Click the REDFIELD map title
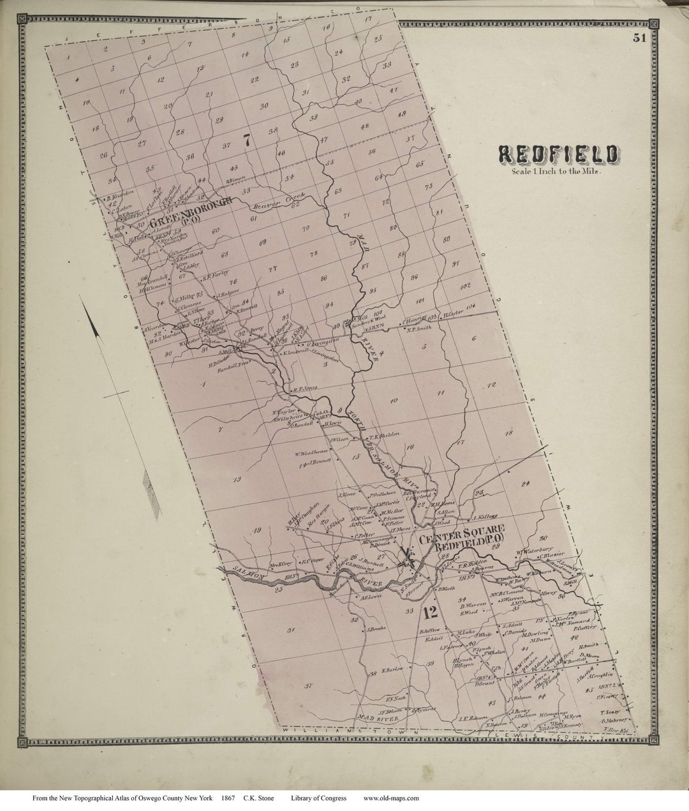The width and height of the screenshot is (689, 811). coord(557,154)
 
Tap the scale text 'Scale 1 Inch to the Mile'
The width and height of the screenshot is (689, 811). coord(557,170)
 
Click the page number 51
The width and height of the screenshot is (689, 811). coord(640,38)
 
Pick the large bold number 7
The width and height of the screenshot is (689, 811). coord(246,142)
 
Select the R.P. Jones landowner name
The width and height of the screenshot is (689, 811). coord(304,387)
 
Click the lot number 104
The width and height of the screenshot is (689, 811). coord(471,307)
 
